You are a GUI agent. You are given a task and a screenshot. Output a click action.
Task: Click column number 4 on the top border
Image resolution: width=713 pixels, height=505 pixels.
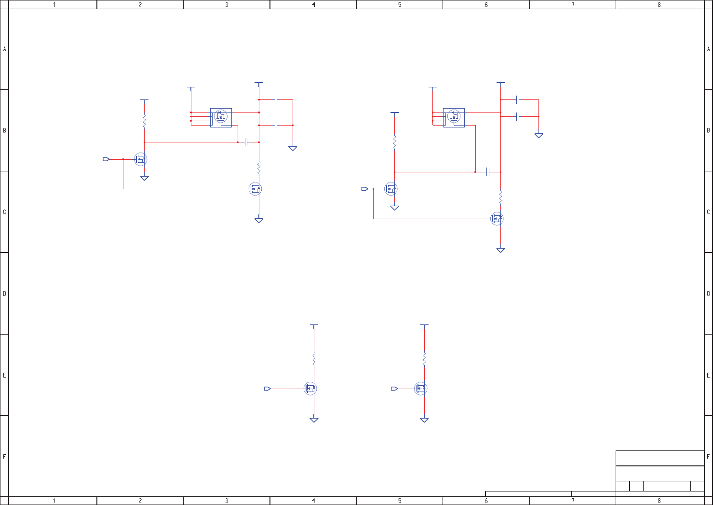(313, 5)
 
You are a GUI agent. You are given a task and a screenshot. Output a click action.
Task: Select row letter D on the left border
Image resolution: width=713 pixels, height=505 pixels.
(5, 294)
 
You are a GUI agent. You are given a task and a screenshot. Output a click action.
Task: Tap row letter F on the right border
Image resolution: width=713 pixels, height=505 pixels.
(708, 456)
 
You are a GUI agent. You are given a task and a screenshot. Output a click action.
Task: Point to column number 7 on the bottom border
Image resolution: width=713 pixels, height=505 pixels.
(573, 501)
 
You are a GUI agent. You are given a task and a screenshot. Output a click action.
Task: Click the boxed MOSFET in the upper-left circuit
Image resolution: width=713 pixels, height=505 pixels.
(221, 117)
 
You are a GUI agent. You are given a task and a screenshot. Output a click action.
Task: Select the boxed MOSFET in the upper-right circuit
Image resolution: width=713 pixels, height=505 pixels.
(454, 117)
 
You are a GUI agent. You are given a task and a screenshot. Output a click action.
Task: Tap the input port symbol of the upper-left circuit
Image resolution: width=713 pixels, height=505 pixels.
(107, 159)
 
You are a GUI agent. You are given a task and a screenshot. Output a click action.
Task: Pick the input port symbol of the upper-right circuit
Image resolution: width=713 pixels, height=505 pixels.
(365, 189)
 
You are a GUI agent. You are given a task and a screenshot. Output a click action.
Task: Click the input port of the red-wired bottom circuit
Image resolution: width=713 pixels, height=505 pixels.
(394, 389)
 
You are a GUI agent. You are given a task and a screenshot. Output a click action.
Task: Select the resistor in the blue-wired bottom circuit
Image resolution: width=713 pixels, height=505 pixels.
(314, 359)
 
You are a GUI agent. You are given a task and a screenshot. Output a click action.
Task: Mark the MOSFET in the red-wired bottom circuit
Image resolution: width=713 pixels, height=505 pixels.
(421, 389)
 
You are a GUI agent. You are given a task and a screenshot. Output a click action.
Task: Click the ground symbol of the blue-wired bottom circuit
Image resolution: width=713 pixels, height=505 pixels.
(314, 420)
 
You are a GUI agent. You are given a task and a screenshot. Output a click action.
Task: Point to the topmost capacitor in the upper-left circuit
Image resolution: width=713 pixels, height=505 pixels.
(276, 100)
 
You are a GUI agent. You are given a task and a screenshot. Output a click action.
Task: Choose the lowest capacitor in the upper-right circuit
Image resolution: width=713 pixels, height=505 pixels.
(488, 172)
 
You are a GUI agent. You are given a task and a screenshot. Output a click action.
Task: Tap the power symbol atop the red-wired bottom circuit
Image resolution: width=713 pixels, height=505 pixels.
(424, 325)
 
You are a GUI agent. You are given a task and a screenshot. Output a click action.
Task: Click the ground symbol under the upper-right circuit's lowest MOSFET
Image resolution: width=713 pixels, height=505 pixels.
(500, 250)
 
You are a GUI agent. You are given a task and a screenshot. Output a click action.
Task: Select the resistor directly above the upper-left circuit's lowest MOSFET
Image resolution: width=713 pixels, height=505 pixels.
(259, 168)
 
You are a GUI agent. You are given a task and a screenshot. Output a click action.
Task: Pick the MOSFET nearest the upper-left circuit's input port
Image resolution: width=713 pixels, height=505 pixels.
(141, 159)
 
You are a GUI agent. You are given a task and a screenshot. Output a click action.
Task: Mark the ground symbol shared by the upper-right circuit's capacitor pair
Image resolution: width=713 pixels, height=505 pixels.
(538, 136)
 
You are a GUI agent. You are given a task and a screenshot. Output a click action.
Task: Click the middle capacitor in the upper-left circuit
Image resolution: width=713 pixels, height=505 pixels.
(276, 126)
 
